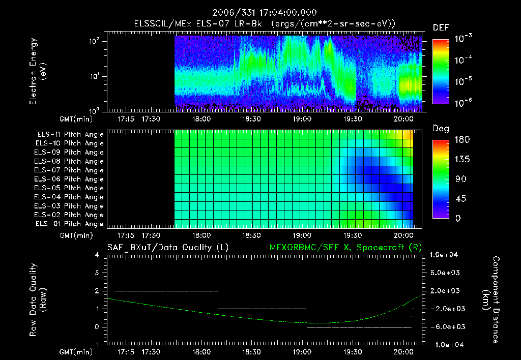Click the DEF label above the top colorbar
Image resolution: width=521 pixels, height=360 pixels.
tap(441, 27)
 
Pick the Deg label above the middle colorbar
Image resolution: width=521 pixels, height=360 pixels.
tap(441, 129)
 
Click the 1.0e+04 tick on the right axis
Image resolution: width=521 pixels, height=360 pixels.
tap(445, 255)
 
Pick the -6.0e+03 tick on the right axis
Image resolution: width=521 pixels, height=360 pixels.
tap(445, 327)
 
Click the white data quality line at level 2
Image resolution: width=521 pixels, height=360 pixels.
tap(167, 291)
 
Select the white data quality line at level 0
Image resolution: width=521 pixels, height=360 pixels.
tap(358, 327)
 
